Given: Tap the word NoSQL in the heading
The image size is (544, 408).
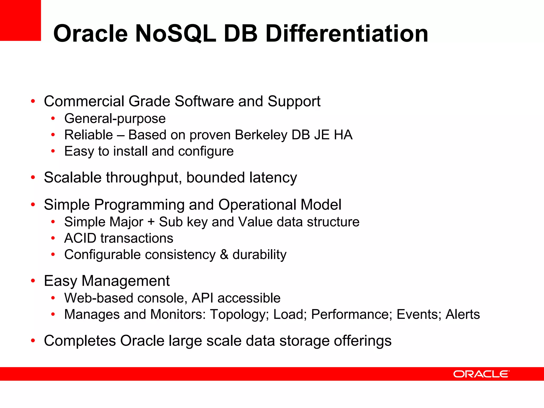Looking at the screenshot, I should point(176,33).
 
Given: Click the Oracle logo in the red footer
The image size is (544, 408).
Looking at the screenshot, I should point(481,374).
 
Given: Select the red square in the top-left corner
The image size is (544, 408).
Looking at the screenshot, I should point(20,20).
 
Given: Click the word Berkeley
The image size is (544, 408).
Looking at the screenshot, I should point(261,135).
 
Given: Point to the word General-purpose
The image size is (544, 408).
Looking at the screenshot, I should point(115,118).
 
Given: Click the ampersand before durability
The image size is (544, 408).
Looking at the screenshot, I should point(224,255).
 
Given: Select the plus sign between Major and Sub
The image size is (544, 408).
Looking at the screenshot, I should point(151,222).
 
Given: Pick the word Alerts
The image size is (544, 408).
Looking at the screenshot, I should point(462,314).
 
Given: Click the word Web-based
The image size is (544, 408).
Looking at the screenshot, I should point(99,298).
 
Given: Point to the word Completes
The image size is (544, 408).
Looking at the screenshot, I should point(80,341).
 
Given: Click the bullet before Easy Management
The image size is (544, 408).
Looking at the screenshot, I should point(33,281).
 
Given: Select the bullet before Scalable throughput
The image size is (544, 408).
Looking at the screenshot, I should point(33,177).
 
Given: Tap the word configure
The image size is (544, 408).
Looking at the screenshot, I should point(206,151).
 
